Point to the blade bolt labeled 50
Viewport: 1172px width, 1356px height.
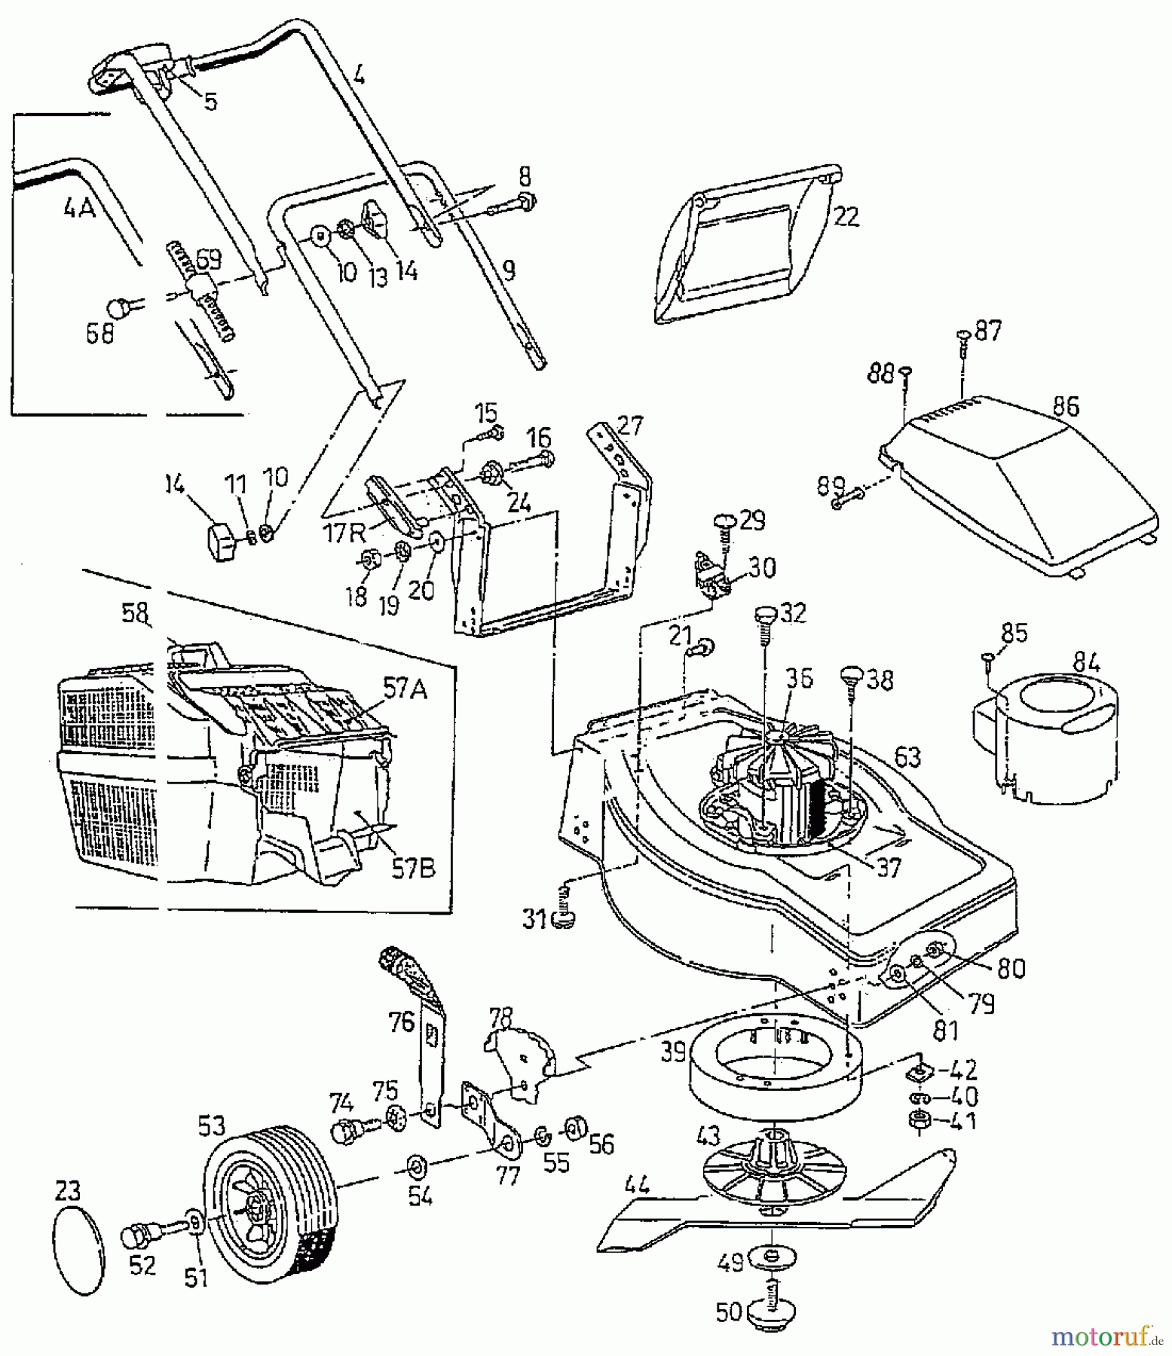[770, 1311]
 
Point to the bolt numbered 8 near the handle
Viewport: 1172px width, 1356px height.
[528, 202]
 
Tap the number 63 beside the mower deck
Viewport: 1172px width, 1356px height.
[907, 756]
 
